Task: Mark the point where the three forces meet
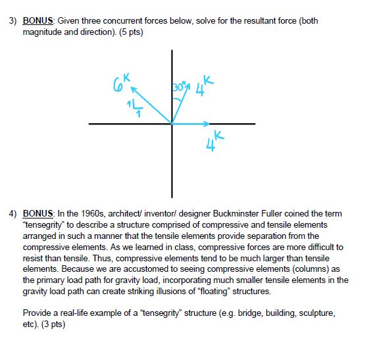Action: [x=172, y=123]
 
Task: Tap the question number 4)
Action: [x=13, y=214]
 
